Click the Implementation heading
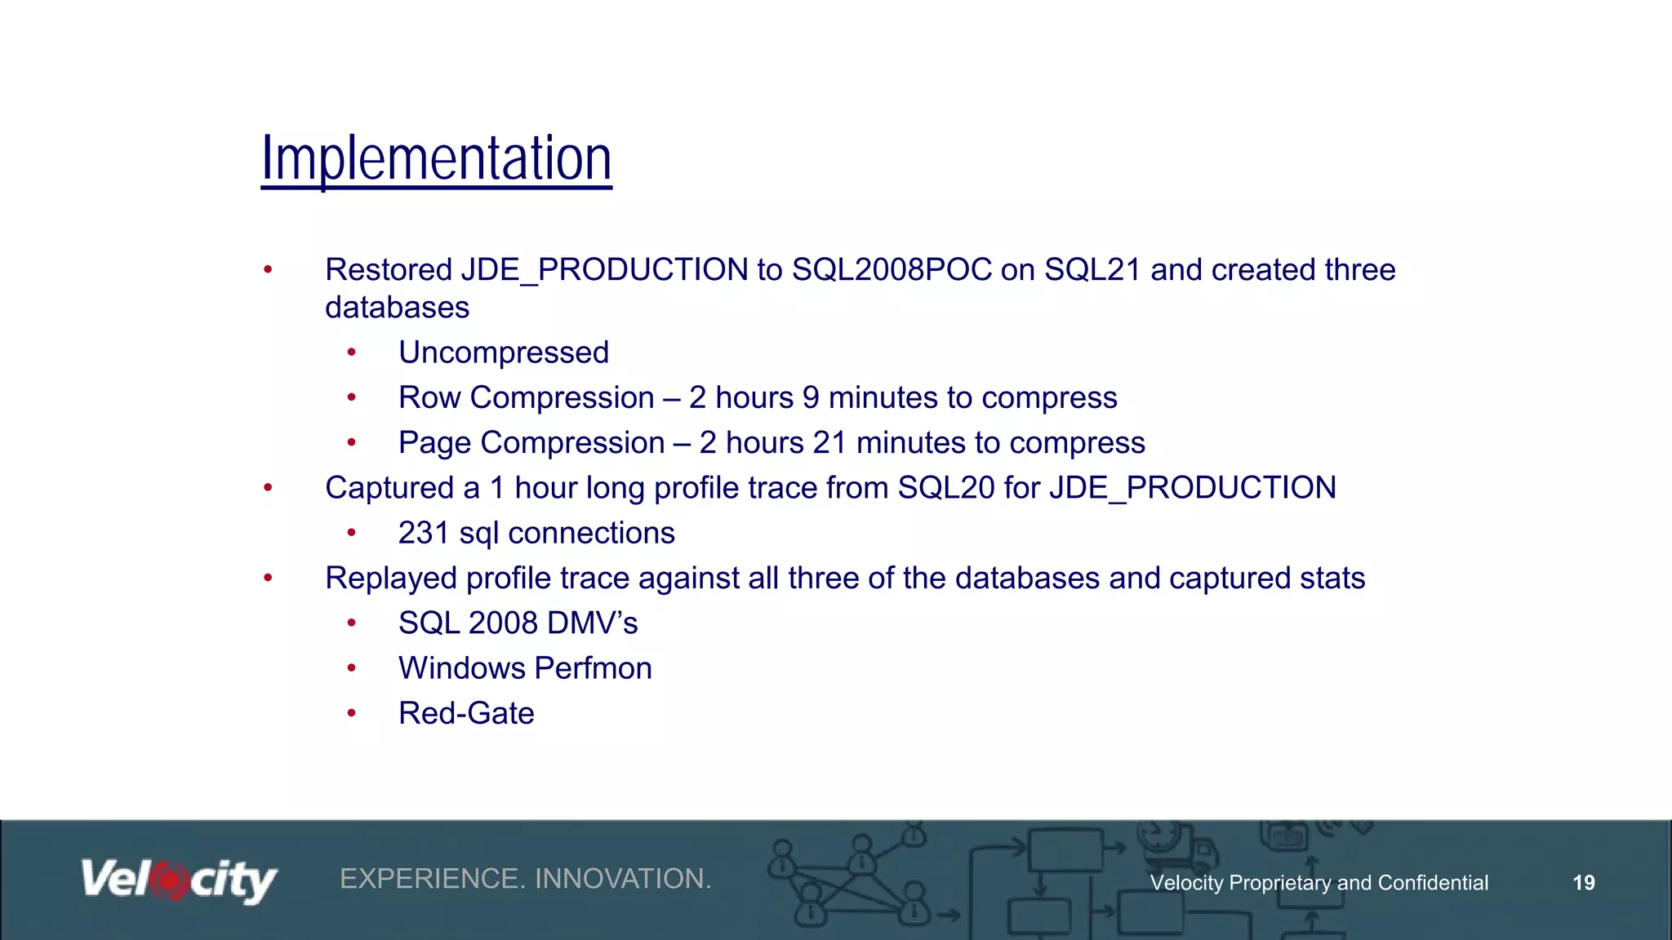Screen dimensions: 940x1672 point(436,158)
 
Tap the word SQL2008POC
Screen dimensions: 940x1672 point(892,270)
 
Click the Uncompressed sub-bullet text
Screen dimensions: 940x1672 point(503,352)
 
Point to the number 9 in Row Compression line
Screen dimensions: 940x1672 point(810,398)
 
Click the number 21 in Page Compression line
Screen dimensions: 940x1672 point(829,443)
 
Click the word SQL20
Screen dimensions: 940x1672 point(945,488)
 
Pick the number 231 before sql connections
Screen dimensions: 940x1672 point(423,534)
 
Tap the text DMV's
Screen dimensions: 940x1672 point(592,623)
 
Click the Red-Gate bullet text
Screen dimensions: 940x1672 point(466,714)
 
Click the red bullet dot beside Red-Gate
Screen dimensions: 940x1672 point(351,714)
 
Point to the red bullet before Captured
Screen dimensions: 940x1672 point(268,488)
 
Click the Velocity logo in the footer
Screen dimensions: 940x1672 point(179,881)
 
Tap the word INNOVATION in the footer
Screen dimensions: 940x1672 point(623,879)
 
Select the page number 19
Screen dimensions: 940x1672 point(1583,883)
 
